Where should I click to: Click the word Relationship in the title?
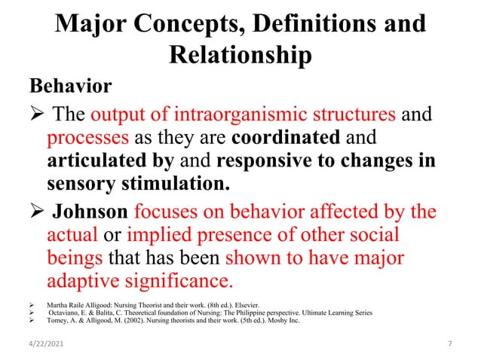(x=240, y=56)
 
